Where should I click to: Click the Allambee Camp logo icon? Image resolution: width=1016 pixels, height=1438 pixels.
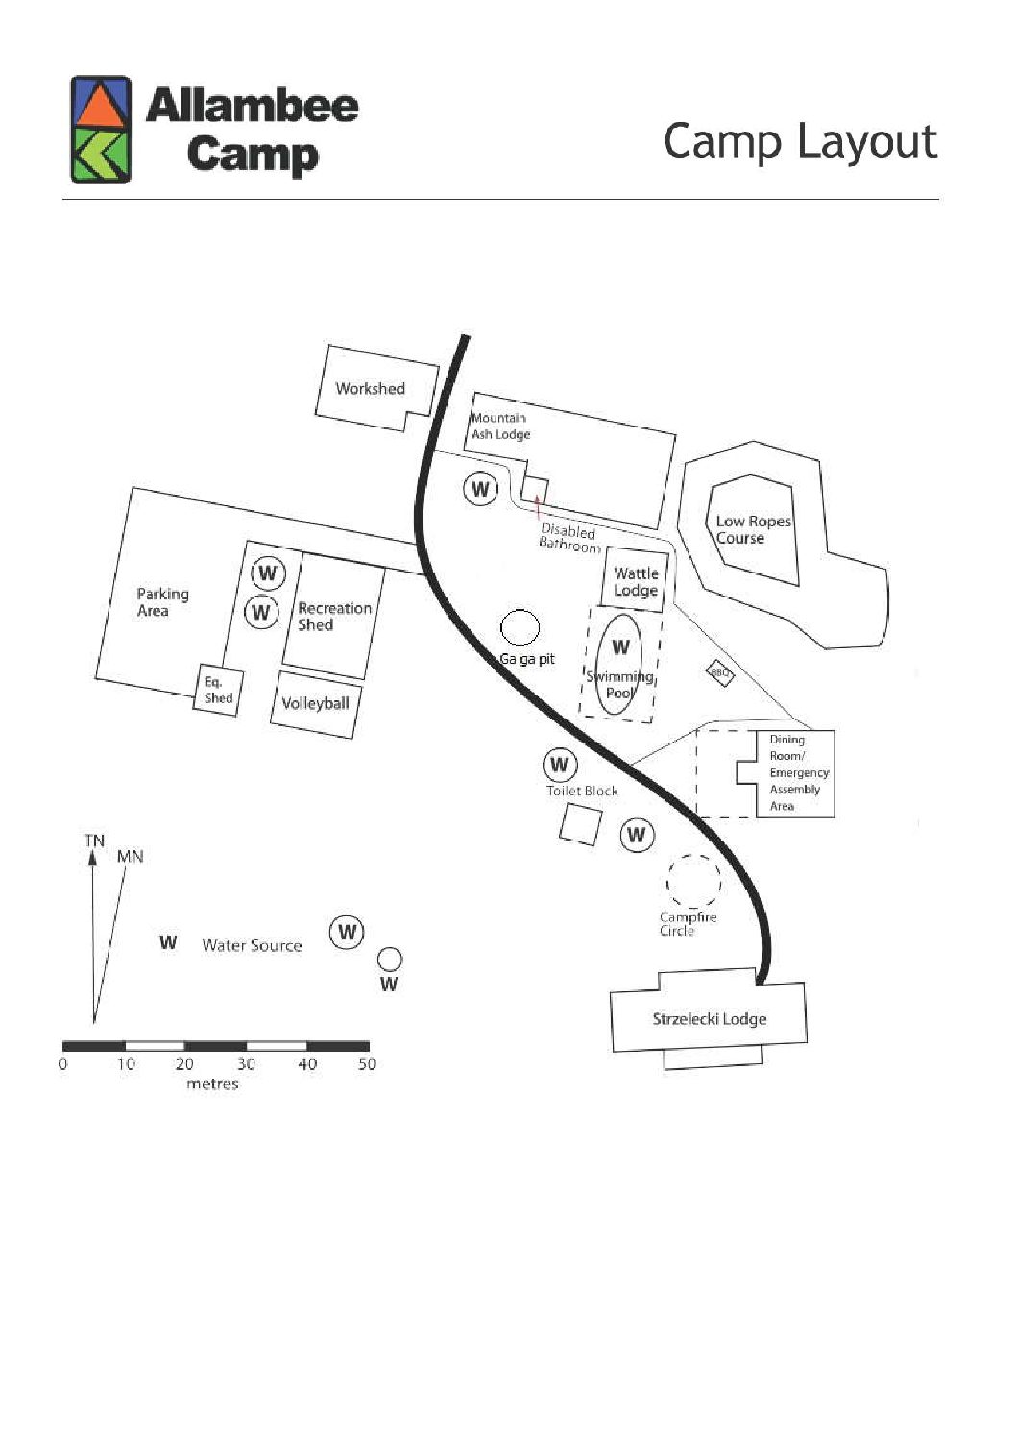click(101, 129)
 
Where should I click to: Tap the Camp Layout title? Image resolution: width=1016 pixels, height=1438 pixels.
click(800, 142)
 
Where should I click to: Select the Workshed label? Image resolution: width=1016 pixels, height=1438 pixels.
click(371, 388)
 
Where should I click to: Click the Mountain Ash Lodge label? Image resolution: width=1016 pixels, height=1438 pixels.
click(501, 426)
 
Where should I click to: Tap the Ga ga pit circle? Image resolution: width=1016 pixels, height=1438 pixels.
click(520, 627)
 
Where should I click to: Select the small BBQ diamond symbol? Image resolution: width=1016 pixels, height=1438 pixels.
click(720, 673)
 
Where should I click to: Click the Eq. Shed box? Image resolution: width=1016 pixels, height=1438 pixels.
click(218, 690)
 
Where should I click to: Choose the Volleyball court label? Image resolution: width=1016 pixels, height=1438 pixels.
click(315, 703)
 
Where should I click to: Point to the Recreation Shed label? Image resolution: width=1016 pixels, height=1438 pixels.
click(334, 617)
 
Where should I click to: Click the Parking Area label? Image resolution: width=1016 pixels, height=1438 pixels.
click(163, 602)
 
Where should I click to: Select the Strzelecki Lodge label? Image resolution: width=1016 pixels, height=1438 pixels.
click(710, 1019)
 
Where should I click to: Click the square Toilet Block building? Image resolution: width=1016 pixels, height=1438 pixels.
click(581, 825)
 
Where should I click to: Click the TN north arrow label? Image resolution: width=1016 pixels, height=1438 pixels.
click(94, 841)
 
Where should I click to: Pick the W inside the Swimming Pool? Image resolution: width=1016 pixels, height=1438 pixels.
click(620, 646)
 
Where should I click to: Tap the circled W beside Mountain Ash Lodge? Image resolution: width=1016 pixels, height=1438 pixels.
click(481, 489)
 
